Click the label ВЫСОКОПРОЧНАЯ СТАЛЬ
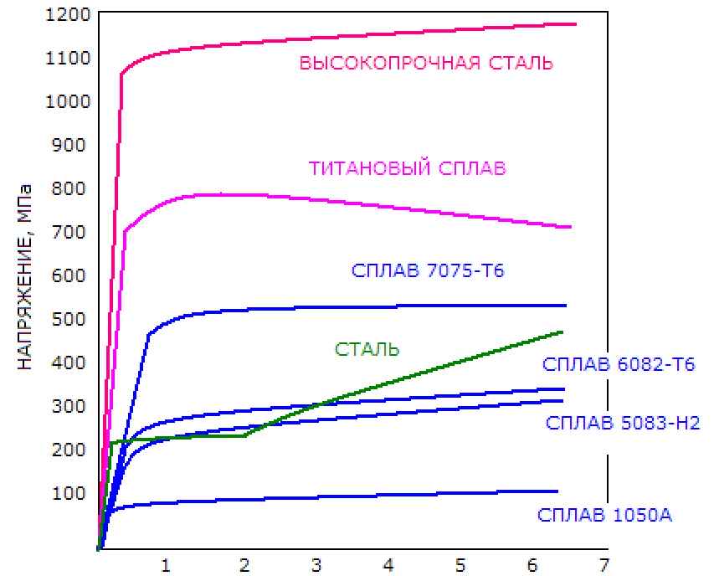click(426, 63)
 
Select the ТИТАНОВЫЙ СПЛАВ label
click(408, 168)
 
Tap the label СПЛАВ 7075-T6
click(428, 270)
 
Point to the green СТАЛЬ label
click(367, 350)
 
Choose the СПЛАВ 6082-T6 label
click(619, 364)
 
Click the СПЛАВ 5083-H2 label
click(623, 423)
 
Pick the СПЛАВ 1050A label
click(605, 515)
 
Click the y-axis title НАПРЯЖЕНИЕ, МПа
click(26, 275)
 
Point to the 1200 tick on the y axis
click(67, 14)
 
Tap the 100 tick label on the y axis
click(71, 493)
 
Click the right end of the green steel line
click(562, 332)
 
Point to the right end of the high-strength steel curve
click(576, 24)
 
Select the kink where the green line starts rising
click(244, 435)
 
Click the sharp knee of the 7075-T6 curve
click(148, 335)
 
